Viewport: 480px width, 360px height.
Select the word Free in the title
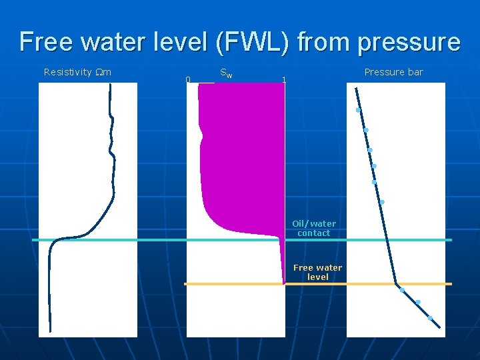(46, 42)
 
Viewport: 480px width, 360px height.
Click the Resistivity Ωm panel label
(77, 72)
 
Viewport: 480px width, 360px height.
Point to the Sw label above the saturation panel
(226, 72)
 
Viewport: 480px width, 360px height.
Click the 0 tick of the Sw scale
(188, 80)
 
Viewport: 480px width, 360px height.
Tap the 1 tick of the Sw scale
(284, 80)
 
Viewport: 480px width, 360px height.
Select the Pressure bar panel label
(393, 72)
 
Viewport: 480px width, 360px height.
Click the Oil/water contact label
(314, 228)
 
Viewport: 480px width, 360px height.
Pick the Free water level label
(318, 272)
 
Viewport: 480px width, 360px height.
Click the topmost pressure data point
(358, 110)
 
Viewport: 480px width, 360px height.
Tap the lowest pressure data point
(430, 318)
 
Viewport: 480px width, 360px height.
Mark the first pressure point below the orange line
(401, 290)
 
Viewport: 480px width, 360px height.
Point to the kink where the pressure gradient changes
(396, 284)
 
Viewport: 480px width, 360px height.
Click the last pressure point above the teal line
(382, 201)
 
